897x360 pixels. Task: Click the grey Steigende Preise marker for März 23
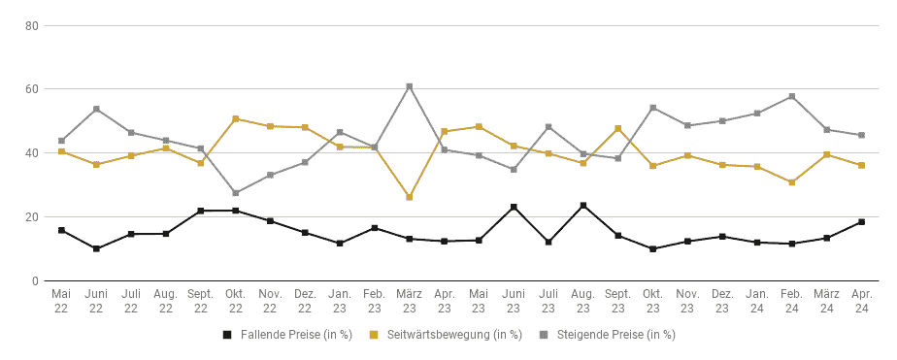(x=409, y=87)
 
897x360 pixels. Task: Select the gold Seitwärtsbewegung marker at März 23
(x=409, y=197)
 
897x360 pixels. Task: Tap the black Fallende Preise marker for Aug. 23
(x=582, y=205)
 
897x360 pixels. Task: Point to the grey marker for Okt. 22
(x=235, y=193)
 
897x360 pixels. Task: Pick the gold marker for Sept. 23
(x=617, y=128)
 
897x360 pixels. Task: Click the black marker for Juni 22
(x=96, y=248)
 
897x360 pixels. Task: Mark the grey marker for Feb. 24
(x=792, y=97)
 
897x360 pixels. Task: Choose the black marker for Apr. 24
(x=861, y=221)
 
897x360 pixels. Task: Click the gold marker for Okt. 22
(x=235, y=118)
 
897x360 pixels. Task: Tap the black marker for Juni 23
(x=514, y=207)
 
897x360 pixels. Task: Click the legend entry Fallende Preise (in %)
(x=286, y=335)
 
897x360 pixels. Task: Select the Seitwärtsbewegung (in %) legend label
(x=454, y=335)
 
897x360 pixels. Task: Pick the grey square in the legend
(x=546, y=335)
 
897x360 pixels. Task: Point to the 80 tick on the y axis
(x=31, y=25)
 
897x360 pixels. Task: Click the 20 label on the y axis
(x=31, y=217)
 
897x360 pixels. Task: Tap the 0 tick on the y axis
(x=34, y=281)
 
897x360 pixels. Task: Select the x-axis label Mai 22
(x=61, y=301)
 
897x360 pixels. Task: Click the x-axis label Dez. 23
(x=722, y=301)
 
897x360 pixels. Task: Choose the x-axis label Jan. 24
(x=757, y=301)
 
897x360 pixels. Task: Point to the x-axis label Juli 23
(x=548, y=301)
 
